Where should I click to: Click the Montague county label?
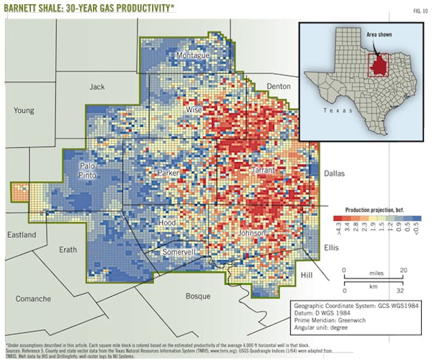(x=192, y=55)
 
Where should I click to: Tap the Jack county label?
(x=98, y=86)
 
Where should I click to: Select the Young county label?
(x=24, y=110)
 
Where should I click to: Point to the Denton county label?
(x=279, y=86)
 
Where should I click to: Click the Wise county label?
(x=194, y=109)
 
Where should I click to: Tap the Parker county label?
(x=168, y=174)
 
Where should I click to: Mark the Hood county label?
(x=167, y=222)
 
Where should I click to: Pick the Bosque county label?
(x=198, y=296)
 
